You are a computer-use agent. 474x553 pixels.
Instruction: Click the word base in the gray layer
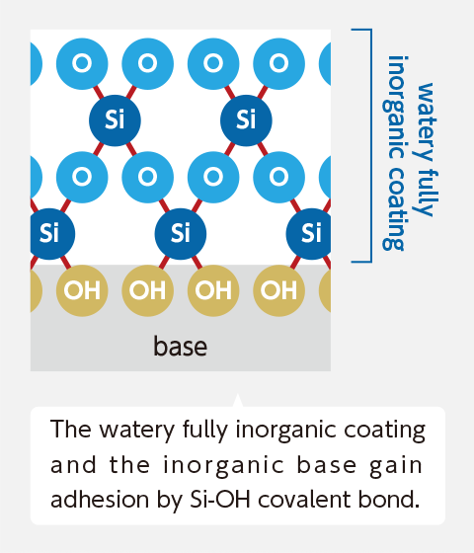point(180,346)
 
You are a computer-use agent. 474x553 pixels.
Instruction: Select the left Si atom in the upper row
point(115,120)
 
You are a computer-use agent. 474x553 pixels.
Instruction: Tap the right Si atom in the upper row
point(246,120)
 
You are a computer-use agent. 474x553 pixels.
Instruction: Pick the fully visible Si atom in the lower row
point(180,234)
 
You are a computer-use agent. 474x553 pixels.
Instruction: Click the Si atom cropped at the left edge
point(52,234)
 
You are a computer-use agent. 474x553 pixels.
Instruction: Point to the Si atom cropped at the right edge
point(309,234)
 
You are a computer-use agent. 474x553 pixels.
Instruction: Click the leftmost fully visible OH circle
point(82,290)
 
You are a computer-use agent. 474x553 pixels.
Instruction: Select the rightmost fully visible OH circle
point(278,290)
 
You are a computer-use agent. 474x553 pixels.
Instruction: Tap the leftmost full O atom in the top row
point(82,63)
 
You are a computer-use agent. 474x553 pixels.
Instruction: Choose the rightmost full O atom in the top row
point(278,63)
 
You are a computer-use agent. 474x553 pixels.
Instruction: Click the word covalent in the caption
point(305,499)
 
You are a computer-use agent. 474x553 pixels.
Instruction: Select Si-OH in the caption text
point(220,499)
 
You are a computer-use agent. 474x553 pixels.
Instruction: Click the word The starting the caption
point(70,429)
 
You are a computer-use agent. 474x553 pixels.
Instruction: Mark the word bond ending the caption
point(389,499)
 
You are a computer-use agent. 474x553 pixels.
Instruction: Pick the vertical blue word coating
point(393,208)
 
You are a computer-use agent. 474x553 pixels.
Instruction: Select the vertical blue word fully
point(426,192)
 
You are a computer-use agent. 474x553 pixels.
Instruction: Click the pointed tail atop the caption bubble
point(238,401)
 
